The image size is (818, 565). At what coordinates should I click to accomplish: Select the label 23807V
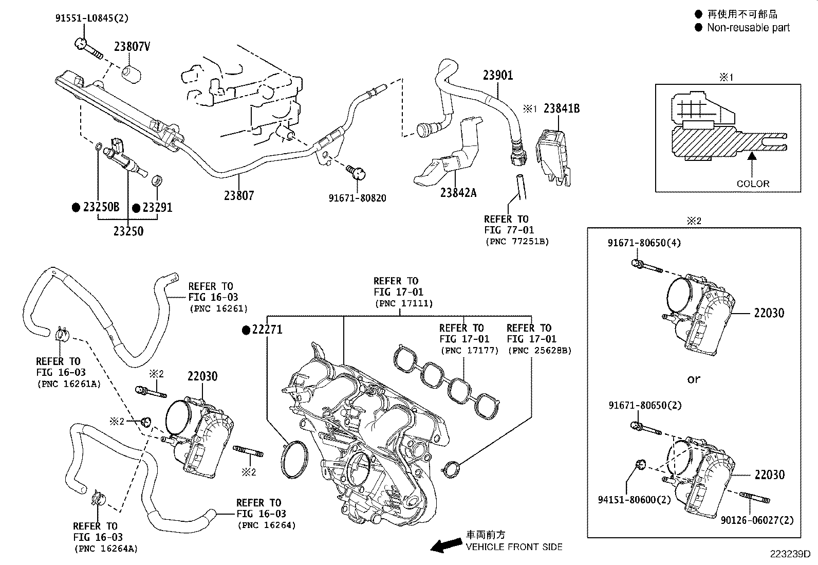[x=132, y=47]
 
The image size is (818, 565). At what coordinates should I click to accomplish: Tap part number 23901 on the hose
[x=497, y=76]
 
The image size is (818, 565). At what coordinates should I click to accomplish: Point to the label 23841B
[x=562, y=108]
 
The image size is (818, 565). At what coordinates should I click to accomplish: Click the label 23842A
[x=458, y=193]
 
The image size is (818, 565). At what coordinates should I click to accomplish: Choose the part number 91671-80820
[x=358, y=198]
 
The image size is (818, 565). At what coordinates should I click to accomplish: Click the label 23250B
[x=101, y=207]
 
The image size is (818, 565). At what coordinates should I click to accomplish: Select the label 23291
[x=157, y=208]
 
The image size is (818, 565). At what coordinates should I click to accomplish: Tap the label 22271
[x=267, y=330]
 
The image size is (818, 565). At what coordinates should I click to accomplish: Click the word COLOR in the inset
[x=753, y=184]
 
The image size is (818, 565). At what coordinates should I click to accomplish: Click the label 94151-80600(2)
[x=635, y=500]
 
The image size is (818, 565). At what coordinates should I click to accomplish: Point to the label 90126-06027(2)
[x=757, y=520]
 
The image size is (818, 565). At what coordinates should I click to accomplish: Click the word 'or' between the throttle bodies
[x=694, y=379]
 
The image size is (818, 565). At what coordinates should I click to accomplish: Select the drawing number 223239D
[x=789, y=554]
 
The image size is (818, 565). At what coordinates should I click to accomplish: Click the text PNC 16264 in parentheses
[x=266, y=525]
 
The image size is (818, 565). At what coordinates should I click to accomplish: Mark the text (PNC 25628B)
[x=539, y=351]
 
